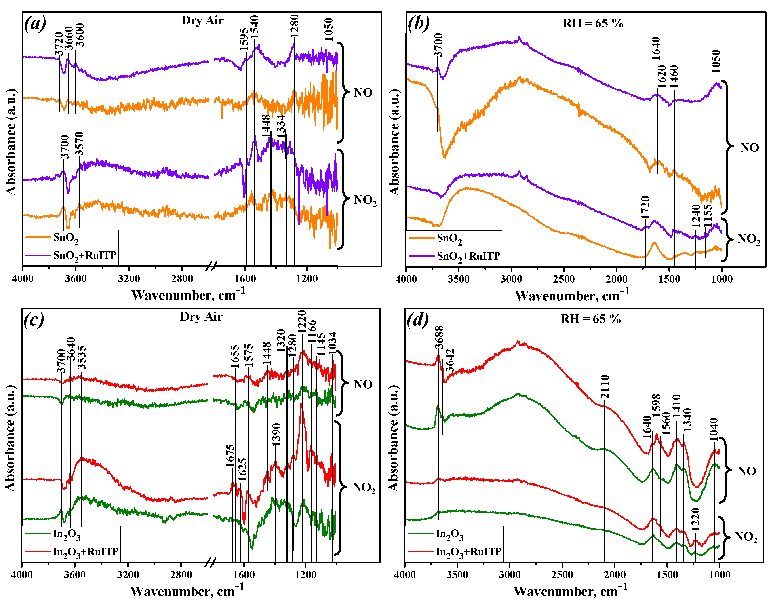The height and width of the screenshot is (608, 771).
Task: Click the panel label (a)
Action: [x=35, y=24]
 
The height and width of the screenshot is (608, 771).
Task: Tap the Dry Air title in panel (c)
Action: [x=201, y=317]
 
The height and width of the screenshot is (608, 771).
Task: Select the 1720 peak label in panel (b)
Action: [x=645, y=207]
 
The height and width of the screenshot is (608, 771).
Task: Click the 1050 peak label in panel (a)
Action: [x=328, y=30]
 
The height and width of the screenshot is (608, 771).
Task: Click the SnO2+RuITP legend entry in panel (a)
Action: [x=85, y=255]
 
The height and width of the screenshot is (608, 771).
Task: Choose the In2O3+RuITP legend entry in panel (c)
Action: [x=85, y=552]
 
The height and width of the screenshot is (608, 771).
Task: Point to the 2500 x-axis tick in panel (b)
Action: [x=564, y=279]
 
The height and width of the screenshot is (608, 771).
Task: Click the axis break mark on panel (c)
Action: [x=211, y=563]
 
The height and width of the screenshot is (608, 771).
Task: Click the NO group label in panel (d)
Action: [x=746, y=471]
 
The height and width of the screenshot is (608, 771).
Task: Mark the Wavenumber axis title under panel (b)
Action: [x=572, y=296]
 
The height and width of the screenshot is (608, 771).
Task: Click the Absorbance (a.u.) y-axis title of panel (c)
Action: [x=11, y=438]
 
